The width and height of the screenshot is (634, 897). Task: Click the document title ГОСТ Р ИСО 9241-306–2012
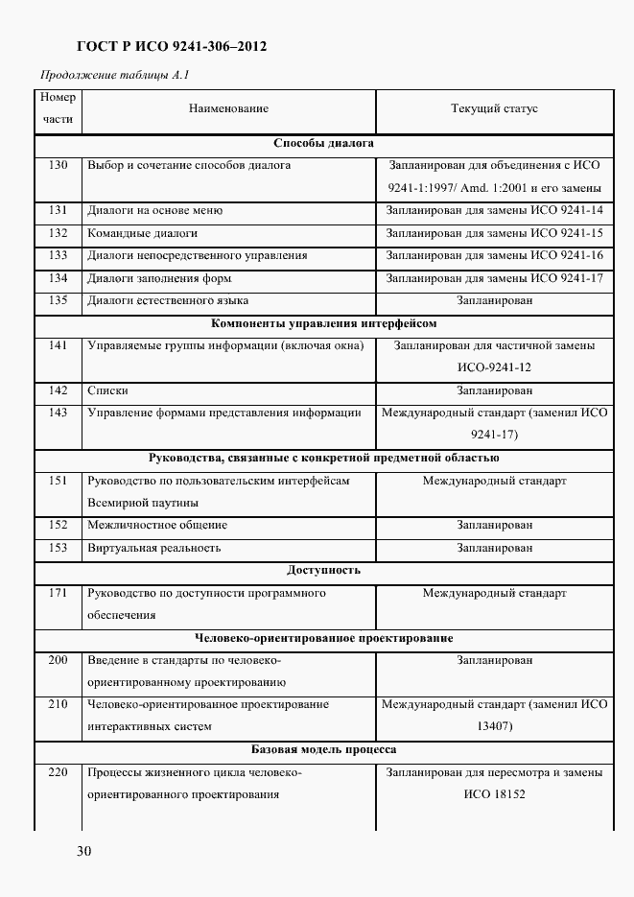(172, 46)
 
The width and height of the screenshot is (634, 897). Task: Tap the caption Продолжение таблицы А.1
(115, 76)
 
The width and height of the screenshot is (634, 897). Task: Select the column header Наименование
(228, 109)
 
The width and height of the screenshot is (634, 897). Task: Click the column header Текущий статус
(494, 109)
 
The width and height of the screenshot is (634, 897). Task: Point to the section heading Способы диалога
(323, 144)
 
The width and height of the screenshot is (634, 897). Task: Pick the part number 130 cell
(58, 166)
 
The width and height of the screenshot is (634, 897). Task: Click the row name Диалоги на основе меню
(154, 211)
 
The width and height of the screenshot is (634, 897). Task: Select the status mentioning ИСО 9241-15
(494, 233)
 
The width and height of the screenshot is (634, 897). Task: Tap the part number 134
(58, 278)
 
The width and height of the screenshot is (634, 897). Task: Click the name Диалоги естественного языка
(161, 300)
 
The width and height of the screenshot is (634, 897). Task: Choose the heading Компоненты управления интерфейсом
(323, 323)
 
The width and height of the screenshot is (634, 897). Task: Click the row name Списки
(107, 390)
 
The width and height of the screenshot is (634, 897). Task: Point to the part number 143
(58, 413)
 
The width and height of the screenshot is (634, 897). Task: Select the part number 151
(58, 481)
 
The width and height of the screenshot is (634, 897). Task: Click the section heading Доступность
(323, 570)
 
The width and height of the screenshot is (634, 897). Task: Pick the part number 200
(58, 660)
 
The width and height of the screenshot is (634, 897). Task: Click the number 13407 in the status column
(494, 726)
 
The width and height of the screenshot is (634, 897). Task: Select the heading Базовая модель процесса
(323, 749)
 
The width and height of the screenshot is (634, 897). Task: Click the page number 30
(83, 851)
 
